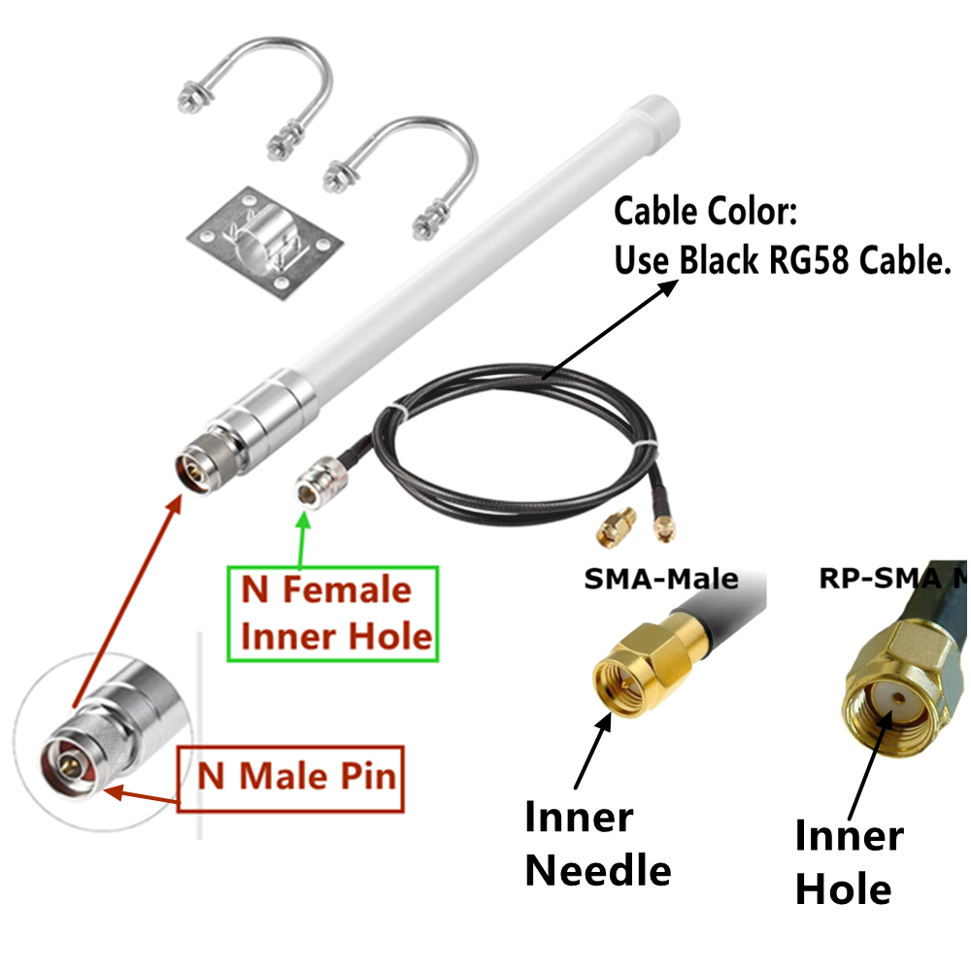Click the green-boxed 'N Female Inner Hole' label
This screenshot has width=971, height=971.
332,614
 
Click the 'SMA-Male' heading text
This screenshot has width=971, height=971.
660,580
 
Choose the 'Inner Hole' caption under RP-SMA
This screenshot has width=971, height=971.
847,862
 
